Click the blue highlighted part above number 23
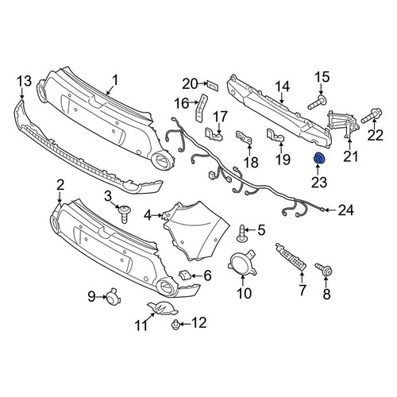click(x=318, y=159)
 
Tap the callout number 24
click(x=346, y=210)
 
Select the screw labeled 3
click(x=125, y=214)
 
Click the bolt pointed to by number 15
click(x=318, y=103)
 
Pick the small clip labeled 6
click(x=184, y=275)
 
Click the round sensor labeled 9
click(x=113, y=297)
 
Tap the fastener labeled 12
click(x=175, y=324)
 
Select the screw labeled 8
click(x=323, y=268)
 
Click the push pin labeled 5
click(x=242, y=233)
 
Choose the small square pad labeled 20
click(x=213, y=85)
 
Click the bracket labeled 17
click(x=214, y=134)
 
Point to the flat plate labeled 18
click(x=244, y=137)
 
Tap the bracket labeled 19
click(x=276, y=136)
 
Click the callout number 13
click(x=25, y=81)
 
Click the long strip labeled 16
click(x=201, y=108)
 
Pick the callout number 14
click(x=283, y=87)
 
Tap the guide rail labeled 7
click(x=291, y=257)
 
